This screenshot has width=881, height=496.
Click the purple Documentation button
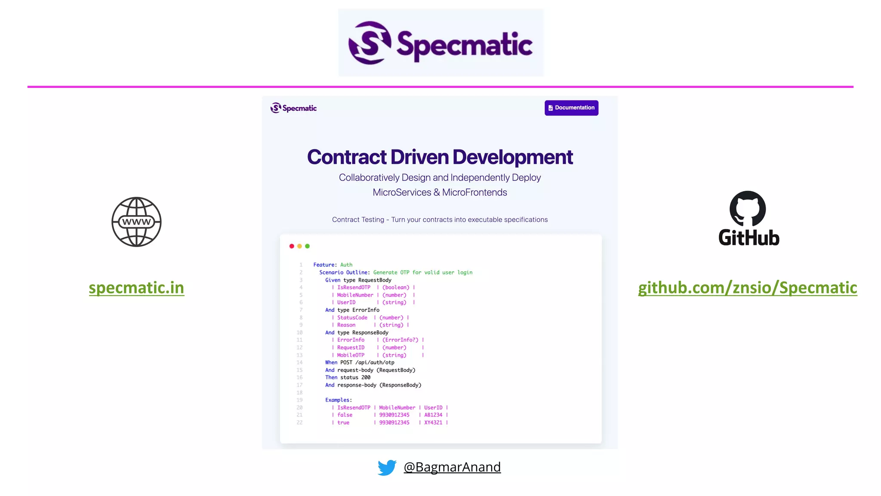[571, 108]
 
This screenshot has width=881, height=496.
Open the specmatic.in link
[136, 288]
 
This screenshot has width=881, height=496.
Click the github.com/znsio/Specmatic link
[747, 288]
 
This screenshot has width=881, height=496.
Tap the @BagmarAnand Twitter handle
[452, 467]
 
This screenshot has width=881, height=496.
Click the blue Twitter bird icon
[387, 468]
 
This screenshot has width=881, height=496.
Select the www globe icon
[136, 222]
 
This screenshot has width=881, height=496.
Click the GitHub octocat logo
[748, 208]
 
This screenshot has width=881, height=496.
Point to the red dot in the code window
[292, 246]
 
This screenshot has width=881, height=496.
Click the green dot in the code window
[307, 246]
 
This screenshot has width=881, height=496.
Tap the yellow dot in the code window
[299, 246]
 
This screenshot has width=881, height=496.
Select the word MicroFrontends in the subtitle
[474, 192]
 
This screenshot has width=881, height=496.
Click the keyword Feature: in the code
[325, 265]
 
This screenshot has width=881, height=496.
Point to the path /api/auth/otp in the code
[375, 363]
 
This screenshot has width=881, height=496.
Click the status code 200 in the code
[366, 378]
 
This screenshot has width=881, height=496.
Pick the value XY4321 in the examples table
[433, 423]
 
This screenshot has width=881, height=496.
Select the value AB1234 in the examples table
[433, 415]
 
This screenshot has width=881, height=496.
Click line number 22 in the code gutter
[299, 423]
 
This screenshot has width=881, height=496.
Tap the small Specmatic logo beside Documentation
[293, 108]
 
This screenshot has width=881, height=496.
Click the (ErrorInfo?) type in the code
[400, 340]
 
